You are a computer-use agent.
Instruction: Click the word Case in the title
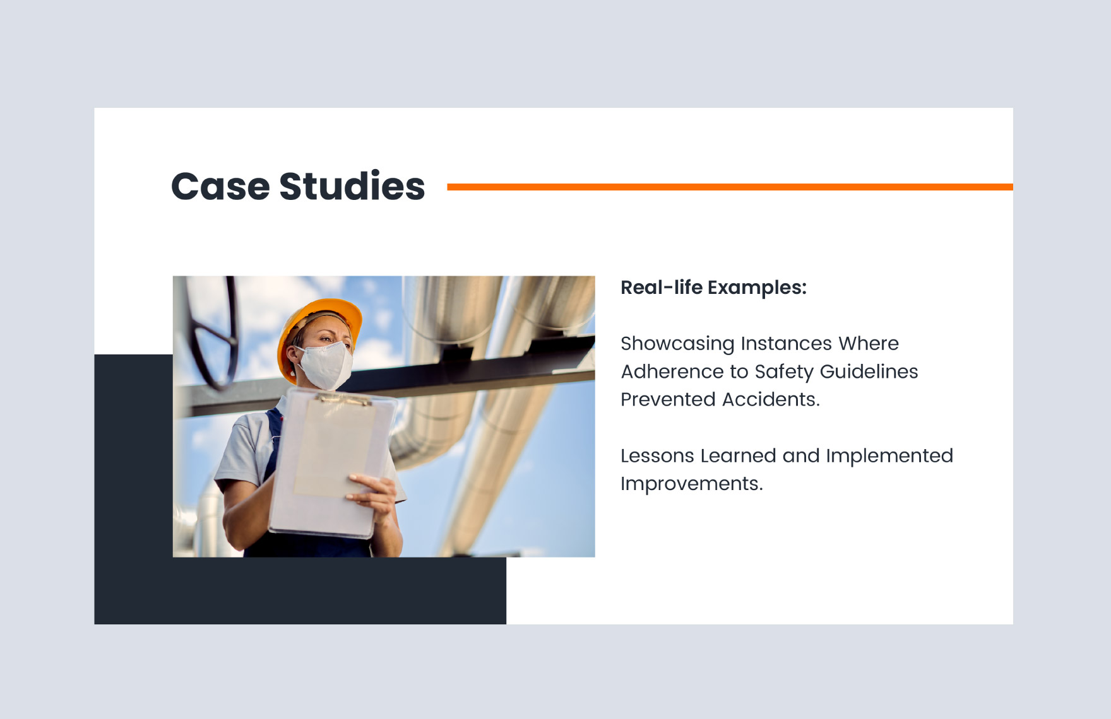coord(220,187)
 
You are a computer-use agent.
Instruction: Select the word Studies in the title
coord(352,187)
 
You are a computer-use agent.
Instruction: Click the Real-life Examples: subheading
coord(713,288)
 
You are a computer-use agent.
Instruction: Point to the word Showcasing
coord(677,344)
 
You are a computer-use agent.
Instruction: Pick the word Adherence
coord(672,371)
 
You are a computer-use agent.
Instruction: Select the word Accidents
coord(770,399)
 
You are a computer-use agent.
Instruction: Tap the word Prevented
coord(668,399)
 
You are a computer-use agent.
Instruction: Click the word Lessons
coord(656,455)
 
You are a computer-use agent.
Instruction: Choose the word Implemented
coord(889,455)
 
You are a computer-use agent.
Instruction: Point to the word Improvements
coord(691,484)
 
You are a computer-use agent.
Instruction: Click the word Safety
coord(784,371)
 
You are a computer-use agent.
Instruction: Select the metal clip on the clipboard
coord(344,399)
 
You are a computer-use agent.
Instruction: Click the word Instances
coord(786,344)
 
